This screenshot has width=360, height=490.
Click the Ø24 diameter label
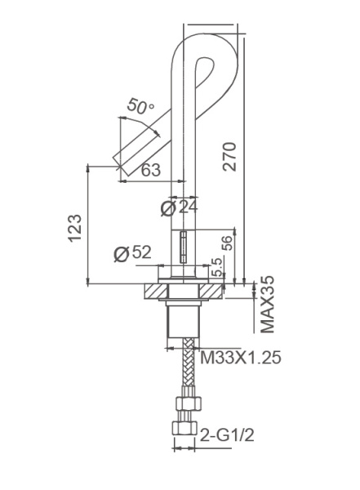point(180,208)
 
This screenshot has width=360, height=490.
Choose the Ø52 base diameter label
point(133,253)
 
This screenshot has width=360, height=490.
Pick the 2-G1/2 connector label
point(228,436)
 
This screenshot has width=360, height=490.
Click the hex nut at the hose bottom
point(185,428)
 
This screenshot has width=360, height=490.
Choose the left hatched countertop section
point(154,290)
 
